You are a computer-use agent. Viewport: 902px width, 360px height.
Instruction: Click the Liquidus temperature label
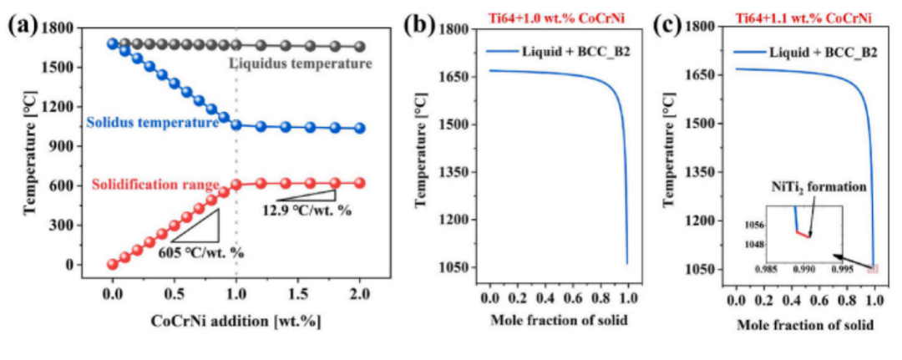(300, 63)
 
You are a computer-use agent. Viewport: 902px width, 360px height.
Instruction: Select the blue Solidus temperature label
(151, 122)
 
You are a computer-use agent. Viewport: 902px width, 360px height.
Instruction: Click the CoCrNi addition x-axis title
(224, 321)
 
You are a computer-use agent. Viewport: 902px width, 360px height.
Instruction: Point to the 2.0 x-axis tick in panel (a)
(360, 296)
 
